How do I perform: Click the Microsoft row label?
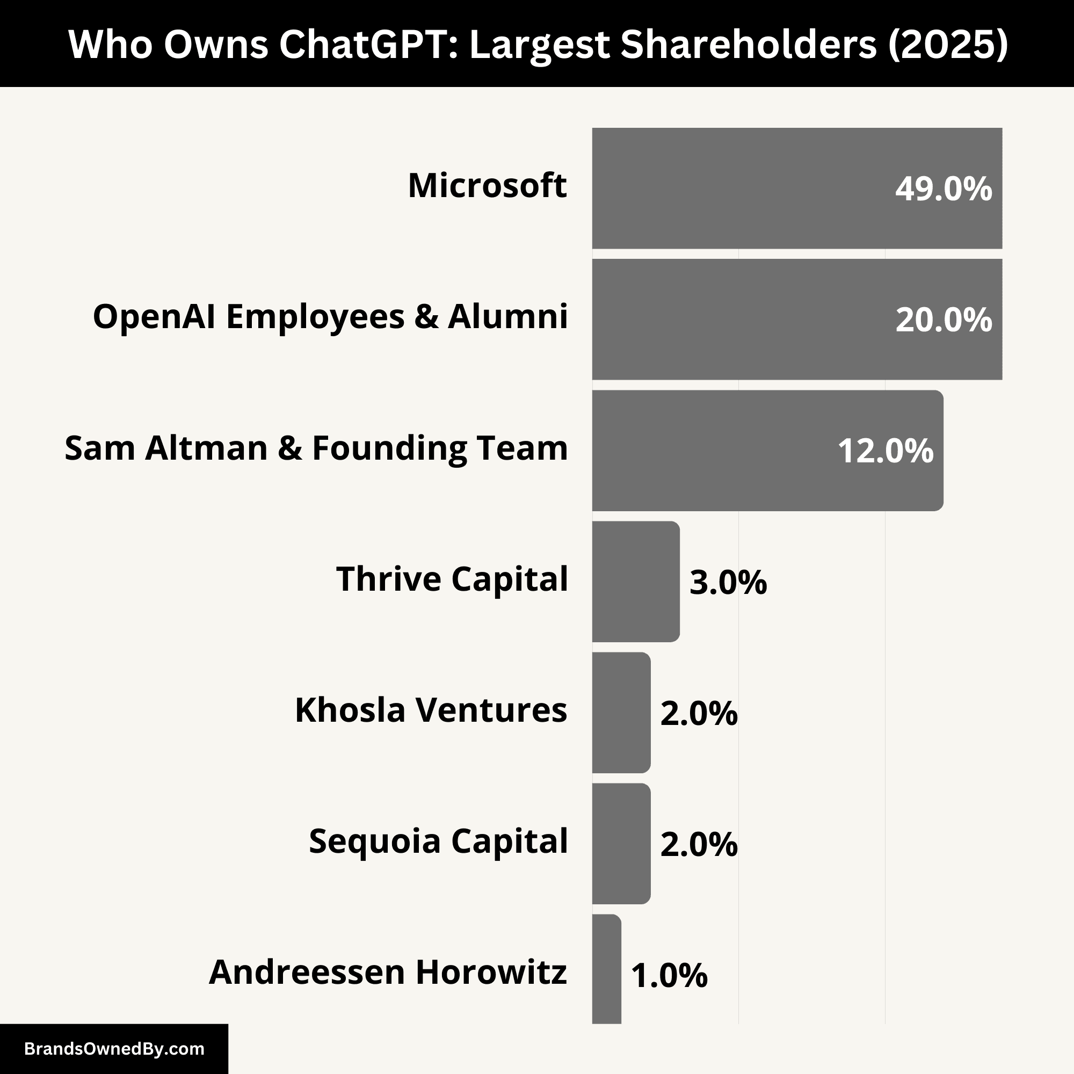click(x=487, y=186)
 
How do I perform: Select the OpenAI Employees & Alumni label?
click(x=330, y=317)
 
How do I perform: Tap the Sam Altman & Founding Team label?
click(x=316, y=448)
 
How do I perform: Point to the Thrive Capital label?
click(x=452, y=579)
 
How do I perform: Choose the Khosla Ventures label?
click(x=431, y=710)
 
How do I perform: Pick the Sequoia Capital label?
click(x=438, y=841)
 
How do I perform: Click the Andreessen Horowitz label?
click(x=388, y=973)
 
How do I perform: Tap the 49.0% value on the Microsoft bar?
click(x=943, y=189)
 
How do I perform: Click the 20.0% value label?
click(x=943, y=320)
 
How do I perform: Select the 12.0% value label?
click(x=885, y=451)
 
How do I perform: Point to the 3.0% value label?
click(x=728, y=583)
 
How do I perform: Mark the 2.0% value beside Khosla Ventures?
click(x=698, y=714)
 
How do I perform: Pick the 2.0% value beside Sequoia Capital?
click(x=698, y=845)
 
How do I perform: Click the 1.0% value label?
click(x=669, y=976)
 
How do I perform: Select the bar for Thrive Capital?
click(x=635, y=582)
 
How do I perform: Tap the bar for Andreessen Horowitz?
click(x=606, y=970)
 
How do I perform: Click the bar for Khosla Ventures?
click(x=621, y=713)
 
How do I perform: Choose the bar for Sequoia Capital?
click(x=621, y=844)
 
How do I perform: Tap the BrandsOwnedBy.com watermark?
click(x=114, y=1049)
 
